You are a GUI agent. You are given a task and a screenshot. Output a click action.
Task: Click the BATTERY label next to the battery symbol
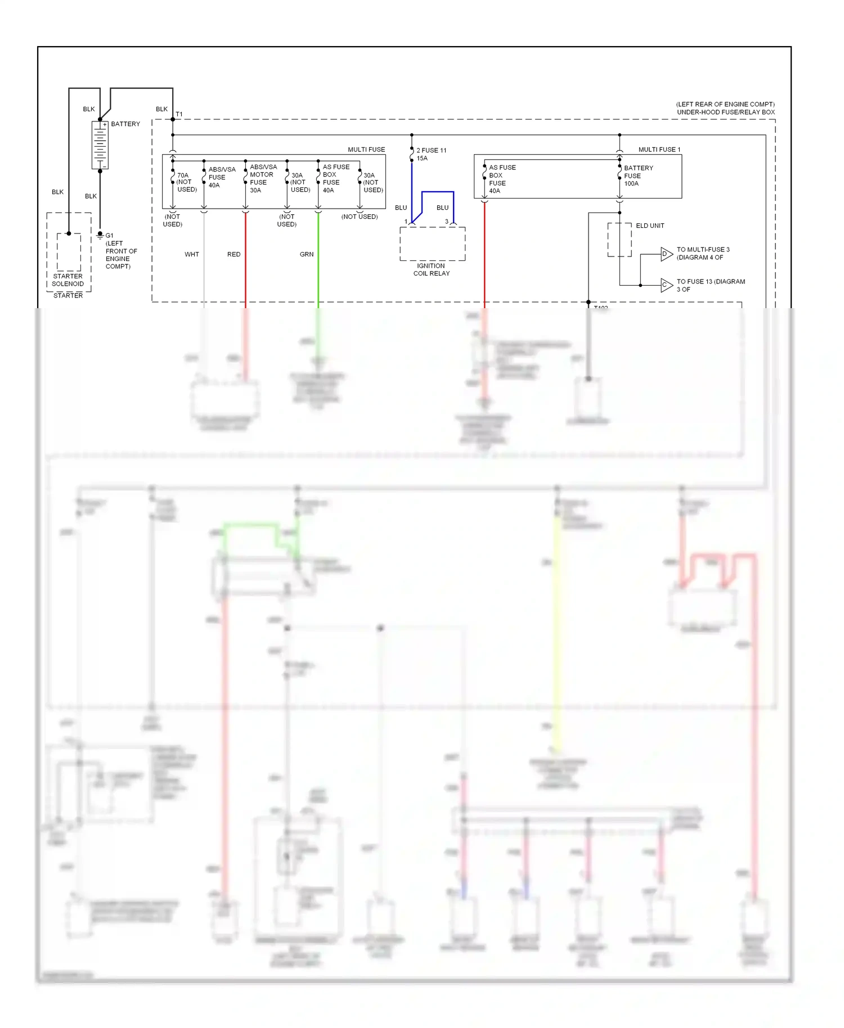point(125,124)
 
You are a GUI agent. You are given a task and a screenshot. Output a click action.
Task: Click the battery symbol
point(100,145)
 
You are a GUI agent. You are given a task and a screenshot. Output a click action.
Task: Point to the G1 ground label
point(109,236)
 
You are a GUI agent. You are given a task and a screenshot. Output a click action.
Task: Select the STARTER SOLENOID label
point(68,280)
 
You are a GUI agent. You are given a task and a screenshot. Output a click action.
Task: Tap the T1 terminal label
point(179,114)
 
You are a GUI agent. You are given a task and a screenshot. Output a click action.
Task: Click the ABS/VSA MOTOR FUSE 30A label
point(263,178)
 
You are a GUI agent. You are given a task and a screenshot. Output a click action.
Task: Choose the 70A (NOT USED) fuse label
point(186,182)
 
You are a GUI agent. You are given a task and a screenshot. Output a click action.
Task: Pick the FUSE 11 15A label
point(430,154)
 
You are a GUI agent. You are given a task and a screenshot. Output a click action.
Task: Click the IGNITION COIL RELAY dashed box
point(432,244)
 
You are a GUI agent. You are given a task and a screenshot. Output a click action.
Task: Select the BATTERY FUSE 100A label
point(638,175)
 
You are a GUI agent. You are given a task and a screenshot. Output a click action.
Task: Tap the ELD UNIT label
point(650,226)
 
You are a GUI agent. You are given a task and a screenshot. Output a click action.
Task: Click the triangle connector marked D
point(666,254)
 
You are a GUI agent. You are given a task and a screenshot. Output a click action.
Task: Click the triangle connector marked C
point(666,285)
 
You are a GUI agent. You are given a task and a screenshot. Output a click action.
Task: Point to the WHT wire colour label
point(192,254)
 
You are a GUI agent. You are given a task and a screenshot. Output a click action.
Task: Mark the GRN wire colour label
point(307,254)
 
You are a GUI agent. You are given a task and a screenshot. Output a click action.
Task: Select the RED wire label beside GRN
point(234,254)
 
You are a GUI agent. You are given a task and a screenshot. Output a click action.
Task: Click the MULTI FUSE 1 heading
point(659,150)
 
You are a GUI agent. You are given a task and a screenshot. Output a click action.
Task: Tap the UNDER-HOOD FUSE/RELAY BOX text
point(725,112)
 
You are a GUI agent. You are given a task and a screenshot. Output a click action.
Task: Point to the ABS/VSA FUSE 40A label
point(222,177)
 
